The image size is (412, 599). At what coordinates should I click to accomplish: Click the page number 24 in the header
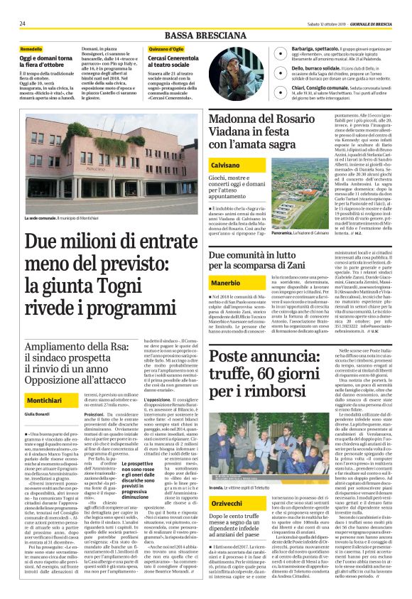pos(23,23)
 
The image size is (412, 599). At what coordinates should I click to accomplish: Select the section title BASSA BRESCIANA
pos(206,36)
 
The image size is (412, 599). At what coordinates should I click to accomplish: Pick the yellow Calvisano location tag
pos(227,164)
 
